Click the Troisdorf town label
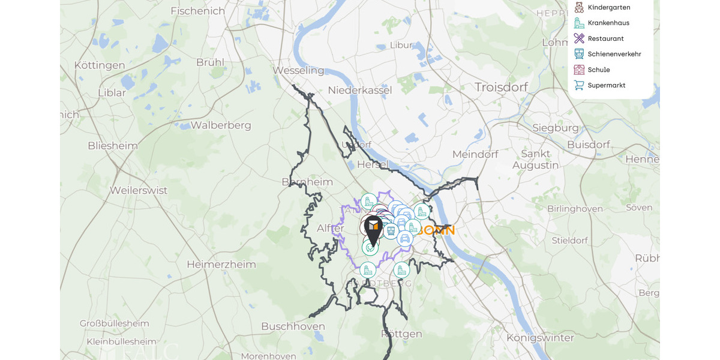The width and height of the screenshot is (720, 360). [x=501, y=87]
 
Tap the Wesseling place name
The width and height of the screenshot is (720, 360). [x=298, y=70]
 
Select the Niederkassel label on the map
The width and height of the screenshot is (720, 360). [x=360, y=90]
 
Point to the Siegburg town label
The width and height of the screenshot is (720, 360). [x=556, y=128]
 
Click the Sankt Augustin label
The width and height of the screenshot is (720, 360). [x=536, y=159]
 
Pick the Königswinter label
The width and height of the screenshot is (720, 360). [x=540, y=337]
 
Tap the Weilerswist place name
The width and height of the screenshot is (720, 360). [x=139, y=190]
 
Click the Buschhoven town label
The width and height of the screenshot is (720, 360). [x=293, y=326]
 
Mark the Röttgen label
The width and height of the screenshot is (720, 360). [x=401, y=334]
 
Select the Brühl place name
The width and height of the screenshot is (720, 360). [x=210, y=62]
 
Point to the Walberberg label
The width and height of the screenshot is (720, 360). [x=221, y=125]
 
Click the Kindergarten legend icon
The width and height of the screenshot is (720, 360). [x=579, y=7]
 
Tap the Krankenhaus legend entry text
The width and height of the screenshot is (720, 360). [x=608, y=23]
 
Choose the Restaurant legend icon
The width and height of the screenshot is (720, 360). [x=579, y=38]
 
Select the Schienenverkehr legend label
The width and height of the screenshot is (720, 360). [x=614, y=54]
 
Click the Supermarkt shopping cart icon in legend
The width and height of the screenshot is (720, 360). [x=579, y=85]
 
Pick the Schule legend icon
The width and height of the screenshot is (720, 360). [x=579, y=70]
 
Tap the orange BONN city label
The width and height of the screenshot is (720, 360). [x=437, y=230]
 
